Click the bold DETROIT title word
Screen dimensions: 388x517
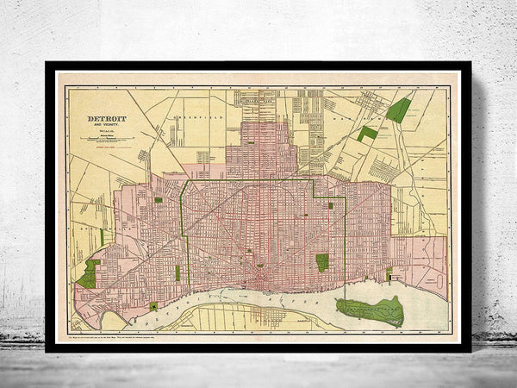(106, 120)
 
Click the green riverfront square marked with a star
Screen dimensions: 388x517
(153, 306)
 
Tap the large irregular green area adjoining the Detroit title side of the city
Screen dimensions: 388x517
(89, 274)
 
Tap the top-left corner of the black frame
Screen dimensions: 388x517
(48, 64)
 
